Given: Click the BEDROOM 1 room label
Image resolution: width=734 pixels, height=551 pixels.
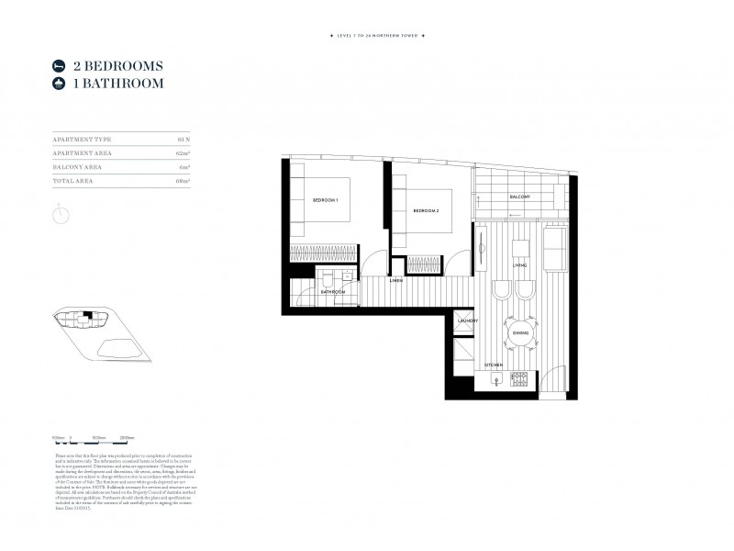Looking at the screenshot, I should click(x=326, y=200).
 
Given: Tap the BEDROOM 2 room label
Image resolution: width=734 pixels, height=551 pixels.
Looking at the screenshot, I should click(x=426, y=211).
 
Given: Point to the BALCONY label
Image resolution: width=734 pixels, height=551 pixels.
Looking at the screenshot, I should click(x=521, y=197).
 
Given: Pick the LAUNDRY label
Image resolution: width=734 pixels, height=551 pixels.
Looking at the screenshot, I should click(x=467, y=320).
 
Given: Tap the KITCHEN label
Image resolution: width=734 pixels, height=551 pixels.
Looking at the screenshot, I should click(x=494, y=365).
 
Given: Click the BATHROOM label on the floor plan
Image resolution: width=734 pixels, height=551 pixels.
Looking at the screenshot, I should click(x=333, y=292).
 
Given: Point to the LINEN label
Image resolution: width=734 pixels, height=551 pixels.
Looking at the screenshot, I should click(x=396, y=281).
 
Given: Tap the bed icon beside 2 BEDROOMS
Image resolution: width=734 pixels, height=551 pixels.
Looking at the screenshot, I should click(x=60, y=66).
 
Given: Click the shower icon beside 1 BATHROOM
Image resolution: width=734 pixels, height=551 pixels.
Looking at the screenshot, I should click(x=60, y=84).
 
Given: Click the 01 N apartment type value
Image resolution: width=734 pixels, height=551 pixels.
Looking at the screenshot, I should click(x=183, y=139).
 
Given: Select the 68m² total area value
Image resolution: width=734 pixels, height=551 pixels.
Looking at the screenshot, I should click(x=183, y=182).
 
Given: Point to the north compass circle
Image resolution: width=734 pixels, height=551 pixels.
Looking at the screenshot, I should click(x=61, y=214).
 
